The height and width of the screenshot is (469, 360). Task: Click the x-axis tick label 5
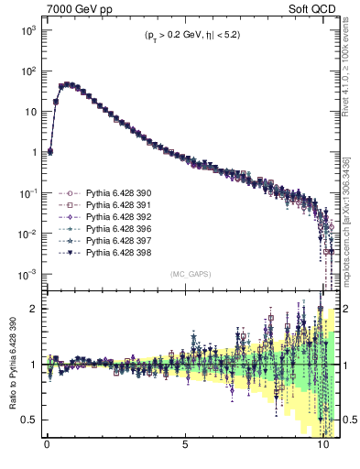(x=185, y=452)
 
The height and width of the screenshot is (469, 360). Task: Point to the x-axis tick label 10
(x=322, y=452)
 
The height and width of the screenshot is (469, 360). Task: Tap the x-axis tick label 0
(x=48, y=452)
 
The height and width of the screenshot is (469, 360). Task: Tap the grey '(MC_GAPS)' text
(x=186, y=274)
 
